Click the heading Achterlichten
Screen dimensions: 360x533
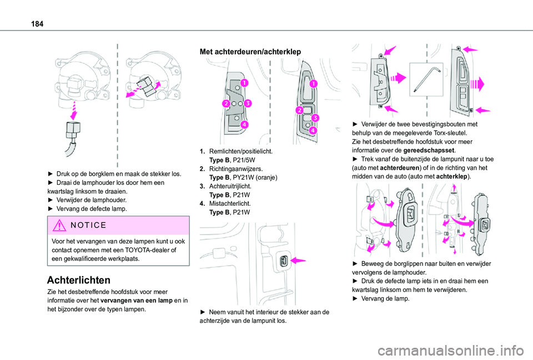(79, 280)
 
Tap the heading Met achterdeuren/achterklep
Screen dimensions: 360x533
(250, 52)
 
